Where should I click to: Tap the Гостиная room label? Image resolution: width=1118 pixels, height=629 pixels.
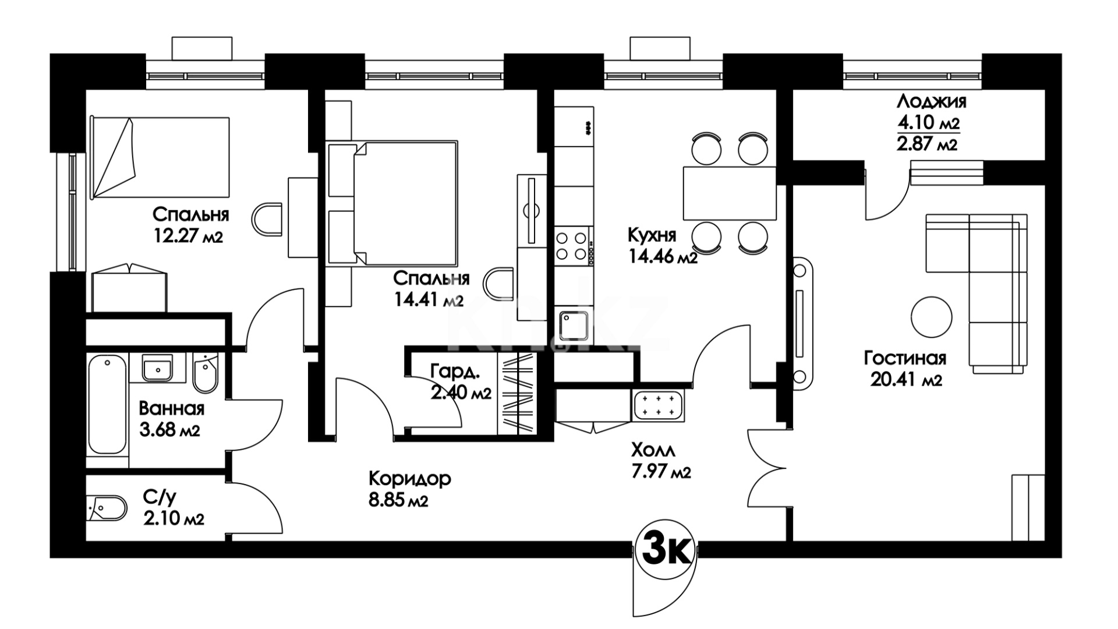pos(905,358)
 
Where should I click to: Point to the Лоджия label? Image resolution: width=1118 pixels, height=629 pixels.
pos(931,101)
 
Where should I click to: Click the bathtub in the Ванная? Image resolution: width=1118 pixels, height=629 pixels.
pos(107,405)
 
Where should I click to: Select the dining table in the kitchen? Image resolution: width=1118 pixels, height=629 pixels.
pos(730,192)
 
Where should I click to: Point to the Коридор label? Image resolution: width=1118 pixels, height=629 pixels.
pos(410,479)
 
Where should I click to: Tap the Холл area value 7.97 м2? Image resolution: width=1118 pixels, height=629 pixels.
pos(660,471)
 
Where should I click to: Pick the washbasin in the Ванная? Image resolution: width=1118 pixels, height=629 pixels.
pos(157,367)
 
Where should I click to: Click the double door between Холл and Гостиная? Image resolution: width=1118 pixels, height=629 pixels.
pos(767,469)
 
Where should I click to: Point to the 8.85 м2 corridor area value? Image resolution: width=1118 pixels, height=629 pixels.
pos(399,500)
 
